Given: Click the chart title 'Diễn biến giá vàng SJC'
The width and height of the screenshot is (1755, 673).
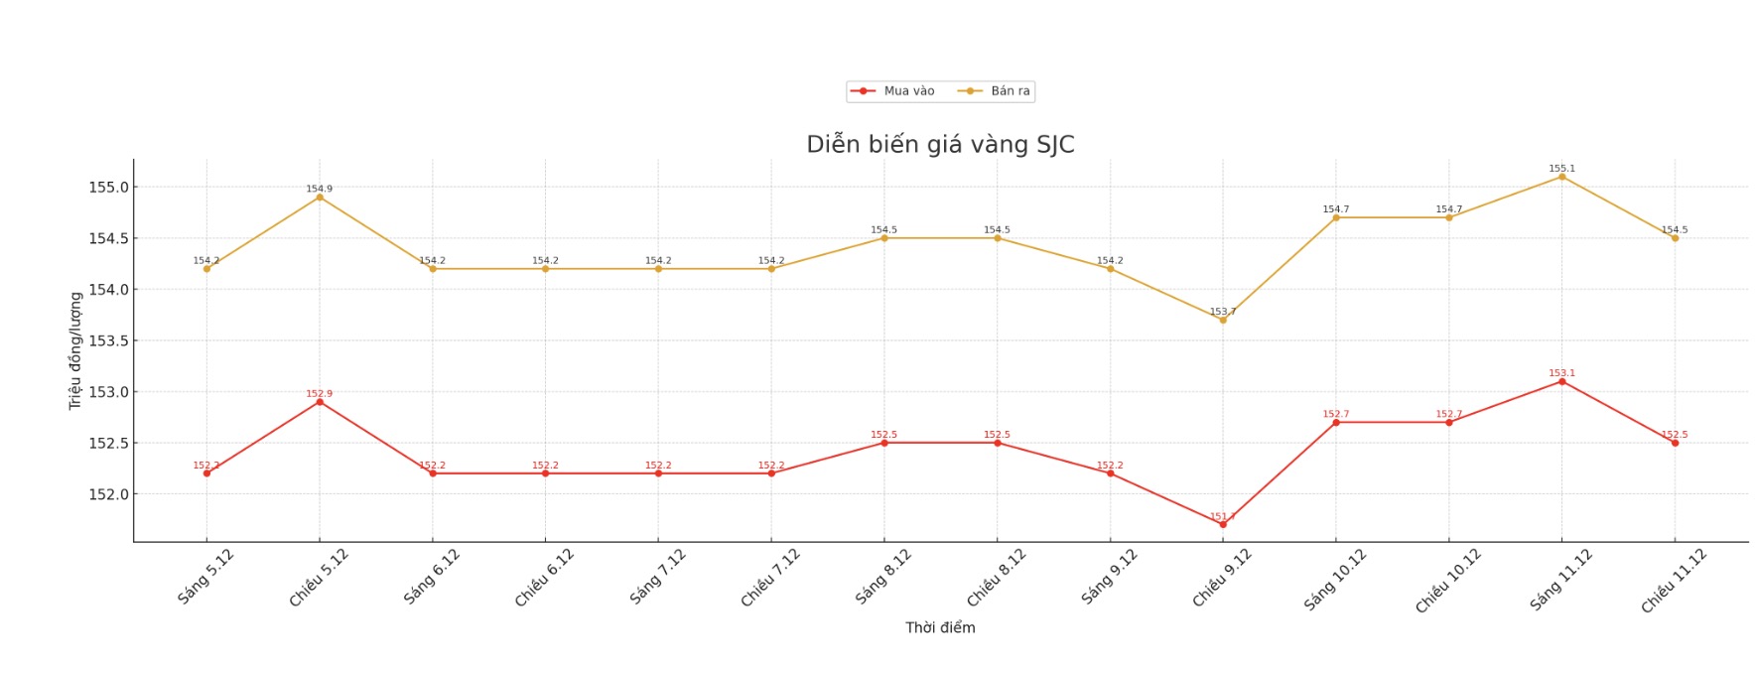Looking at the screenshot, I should [x=940, y=145].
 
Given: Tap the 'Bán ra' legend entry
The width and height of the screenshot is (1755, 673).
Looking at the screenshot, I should [x=996, y=91].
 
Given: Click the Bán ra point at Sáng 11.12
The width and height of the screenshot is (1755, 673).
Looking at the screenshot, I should [x=1561, y=177].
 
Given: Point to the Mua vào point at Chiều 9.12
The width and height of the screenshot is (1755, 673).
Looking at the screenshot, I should [x=1223, y=524].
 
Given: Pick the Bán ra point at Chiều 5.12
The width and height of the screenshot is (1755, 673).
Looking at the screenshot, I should [x=320, y=198].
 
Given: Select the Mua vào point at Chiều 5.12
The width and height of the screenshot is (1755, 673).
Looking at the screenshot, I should [x=320, y=402].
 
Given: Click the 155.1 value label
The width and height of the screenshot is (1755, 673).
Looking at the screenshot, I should [x=1561, y=169].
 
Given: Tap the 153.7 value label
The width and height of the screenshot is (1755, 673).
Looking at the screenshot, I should [x=1223, y=312].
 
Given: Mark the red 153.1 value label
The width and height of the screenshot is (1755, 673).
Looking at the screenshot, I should [x=1561, y=373].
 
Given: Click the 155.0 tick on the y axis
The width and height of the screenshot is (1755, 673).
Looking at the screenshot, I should [x=108, y=188].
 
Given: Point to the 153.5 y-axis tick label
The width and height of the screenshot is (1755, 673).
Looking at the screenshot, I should [x=108, y=340].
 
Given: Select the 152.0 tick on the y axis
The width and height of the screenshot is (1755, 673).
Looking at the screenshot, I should [x=108, y=494].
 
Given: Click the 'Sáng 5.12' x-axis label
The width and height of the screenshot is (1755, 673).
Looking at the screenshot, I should [x=205, y=577].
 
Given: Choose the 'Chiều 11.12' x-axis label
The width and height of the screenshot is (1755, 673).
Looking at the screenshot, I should [x=1674, y=581].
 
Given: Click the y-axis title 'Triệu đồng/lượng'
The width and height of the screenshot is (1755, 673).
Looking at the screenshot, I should [x=75, y=350].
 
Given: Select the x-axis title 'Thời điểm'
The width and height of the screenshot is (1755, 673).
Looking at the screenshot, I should [x=940, y=627].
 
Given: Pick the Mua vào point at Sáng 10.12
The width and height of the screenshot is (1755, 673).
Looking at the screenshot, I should [x=1336, y=423].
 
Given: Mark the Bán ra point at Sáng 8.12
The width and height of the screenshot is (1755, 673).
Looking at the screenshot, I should [x=884, y=238].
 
